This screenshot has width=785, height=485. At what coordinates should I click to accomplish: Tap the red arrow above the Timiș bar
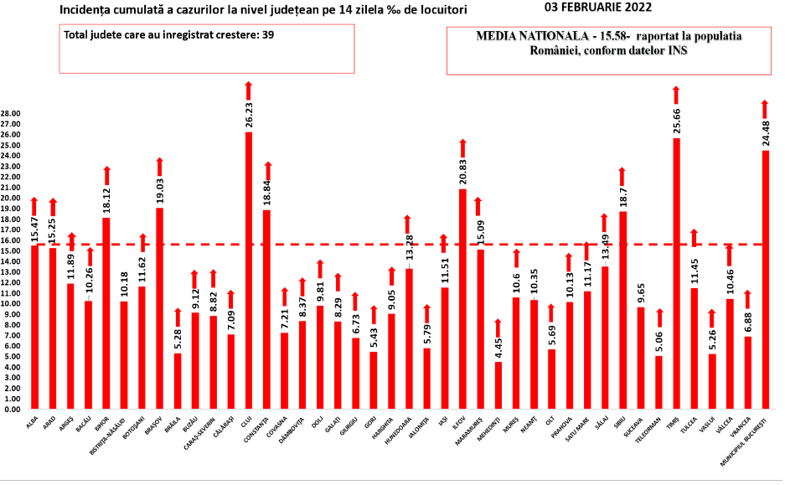point(676,95)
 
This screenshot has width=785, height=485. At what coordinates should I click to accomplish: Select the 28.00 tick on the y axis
point(11,113)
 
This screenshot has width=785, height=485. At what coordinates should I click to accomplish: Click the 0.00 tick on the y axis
point(13,410)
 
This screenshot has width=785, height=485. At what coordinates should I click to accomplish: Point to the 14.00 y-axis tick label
point(11,261)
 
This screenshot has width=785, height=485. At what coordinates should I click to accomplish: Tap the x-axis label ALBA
point(32,423)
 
